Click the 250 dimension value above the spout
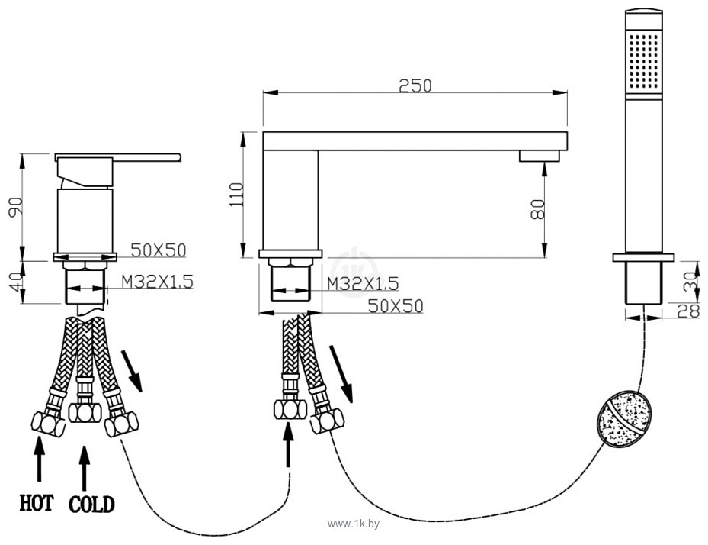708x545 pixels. (x=415, y=85)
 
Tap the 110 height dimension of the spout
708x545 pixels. (x=236, y=195)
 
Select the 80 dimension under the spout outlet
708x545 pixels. (x=537, y=209)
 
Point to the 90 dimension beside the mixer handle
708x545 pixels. (x=15, y=207)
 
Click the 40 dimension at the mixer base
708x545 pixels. (x=16, y=282)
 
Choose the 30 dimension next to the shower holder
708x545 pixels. (x=690, y=282)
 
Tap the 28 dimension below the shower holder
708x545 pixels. (x=689, y=311)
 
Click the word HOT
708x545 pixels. (x=36, y=503)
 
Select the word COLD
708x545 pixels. (x=91, y=504)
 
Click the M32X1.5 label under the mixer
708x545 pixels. (x=158, y=282)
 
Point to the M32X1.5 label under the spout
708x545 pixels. (x=363, y=284)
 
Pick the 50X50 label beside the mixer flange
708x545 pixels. (x=159, y=250)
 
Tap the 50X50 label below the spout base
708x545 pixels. (x=396, y=306)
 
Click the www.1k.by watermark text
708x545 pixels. (x=354, y=524)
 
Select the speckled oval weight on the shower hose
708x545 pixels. (x=625, y=420)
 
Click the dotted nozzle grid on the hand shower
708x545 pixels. (x=644, y=60)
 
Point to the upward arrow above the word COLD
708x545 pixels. (x=84, y=469)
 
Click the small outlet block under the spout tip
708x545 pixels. (x=539, y=156)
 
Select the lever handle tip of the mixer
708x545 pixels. (x=179, y=157)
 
